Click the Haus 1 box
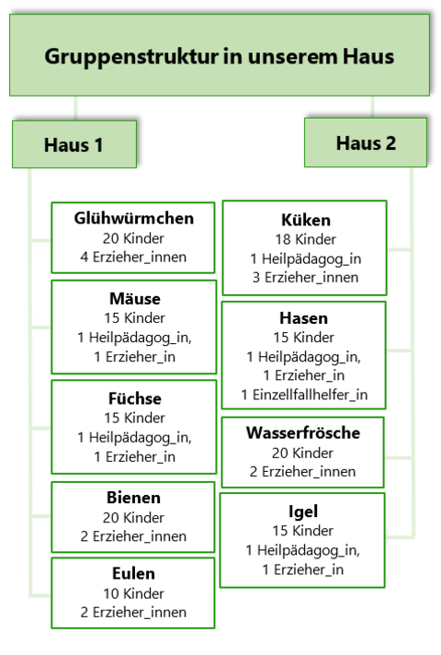click(x=74, y=144)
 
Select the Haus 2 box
click(x=366, y=143)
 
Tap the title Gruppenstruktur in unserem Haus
click(x=219, y=56)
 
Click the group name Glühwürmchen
click(x=134, y=218)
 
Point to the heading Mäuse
click(x=135, y=298)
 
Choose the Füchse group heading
click(x=135, y=398)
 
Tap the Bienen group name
click(x=133, y=498)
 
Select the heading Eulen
click(x=133, y=573)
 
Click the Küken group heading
click(x=306, y=220)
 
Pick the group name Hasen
click(x=304, y=318)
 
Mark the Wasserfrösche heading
click(x=303, y=432)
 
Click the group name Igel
click(x=303, y=511)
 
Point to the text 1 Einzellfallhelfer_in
click(x=304, y=395)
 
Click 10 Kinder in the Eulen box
click(x=133, y=593)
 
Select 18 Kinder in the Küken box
click(x=305, y=239)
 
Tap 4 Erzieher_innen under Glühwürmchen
click(x=133, y=257)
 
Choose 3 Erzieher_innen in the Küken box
click(x=305, y=278)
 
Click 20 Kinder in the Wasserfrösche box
click(x=303, y=453)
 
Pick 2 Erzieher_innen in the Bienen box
click(x=133, y=536)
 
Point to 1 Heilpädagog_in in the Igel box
click(x=302, y=550)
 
